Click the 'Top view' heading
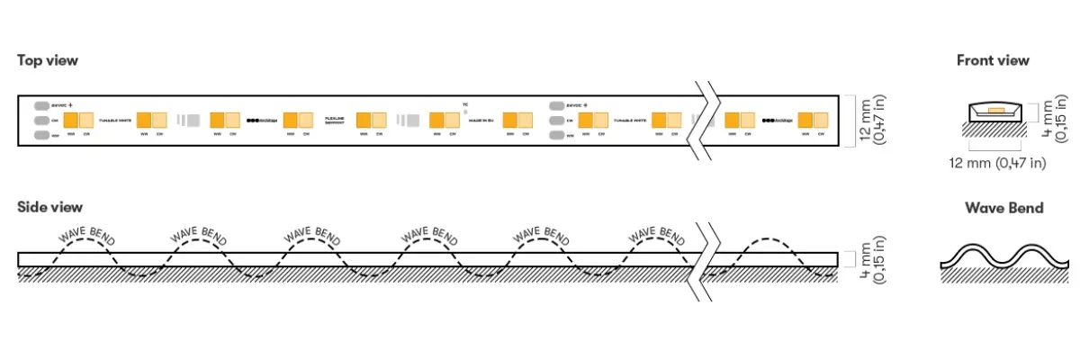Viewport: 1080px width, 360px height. pos(48,60)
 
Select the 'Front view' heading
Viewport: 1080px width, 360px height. pos(993,60)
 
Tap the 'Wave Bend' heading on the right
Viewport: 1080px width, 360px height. pos(1004,208)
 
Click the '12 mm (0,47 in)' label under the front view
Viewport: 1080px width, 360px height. pos(997,163)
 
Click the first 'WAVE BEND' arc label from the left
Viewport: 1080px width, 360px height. pos(85,232)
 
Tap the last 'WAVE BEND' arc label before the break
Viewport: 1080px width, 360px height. pos(657,232)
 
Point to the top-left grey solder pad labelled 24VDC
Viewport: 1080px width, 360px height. pos(42,104)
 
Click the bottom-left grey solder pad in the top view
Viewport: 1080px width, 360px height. pos(42,135)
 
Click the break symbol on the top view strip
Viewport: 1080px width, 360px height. pos(706,120)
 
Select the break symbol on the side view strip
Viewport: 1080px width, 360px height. pos(706,261)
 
